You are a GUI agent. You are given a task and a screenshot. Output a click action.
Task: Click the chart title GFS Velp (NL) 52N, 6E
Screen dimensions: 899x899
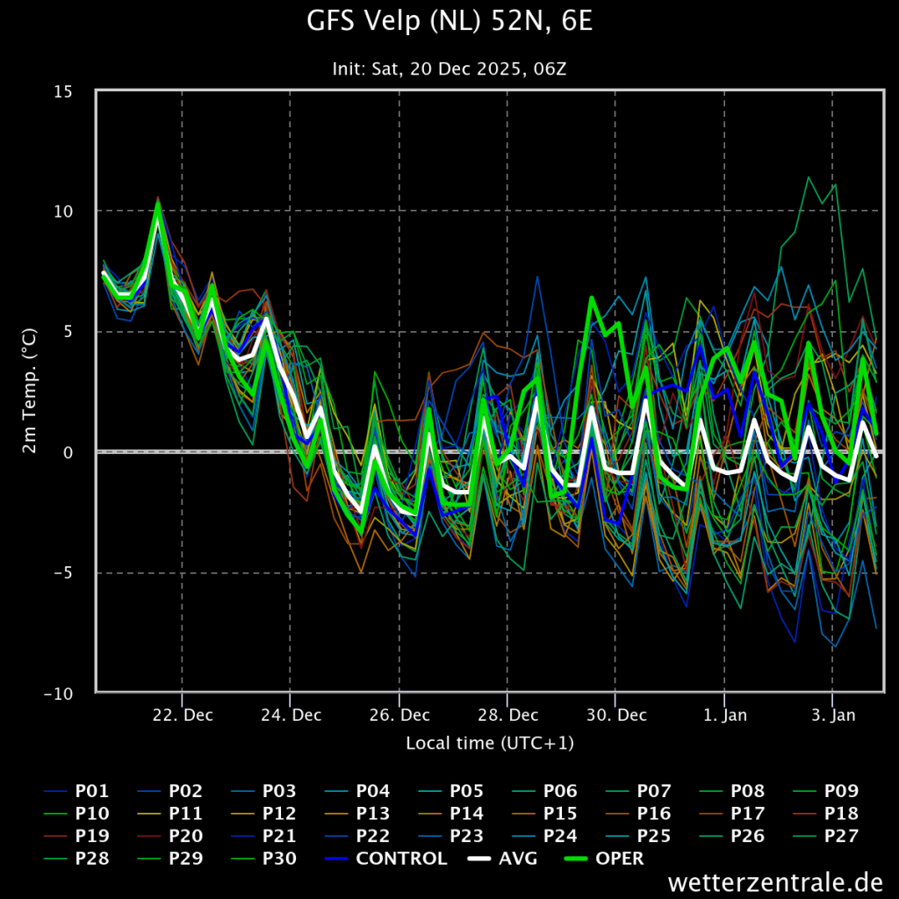(x=449, y=21)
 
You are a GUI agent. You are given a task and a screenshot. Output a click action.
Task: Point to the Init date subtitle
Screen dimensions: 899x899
(x=449, y=68)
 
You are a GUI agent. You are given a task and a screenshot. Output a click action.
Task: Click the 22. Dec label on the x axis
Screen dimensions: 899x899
(x=183, y=715)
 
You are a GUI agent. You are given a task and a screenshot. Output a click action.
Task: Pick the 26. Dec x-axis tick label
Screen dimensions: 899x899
(x=399, y=715)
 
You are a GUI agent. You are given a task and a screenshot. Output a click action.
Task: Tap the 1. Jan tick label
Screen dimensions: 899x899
(x=725, y=715)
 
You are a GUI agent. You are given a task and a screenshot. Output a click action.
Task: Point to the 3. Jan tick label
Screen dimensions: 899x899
(x=833, y=715)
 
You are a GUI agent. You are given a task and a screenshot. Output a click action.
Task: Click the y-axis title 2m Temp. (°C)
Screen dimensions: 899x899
(x=30, y=392)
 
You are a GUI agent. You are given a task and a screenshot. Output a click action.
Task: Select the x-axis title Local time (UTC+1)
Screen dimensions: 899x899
(x=490, y=744)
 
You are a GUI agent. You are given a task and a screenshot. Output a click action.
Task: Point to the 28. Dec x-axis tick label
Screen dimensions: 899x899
(x=507, y=715)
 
